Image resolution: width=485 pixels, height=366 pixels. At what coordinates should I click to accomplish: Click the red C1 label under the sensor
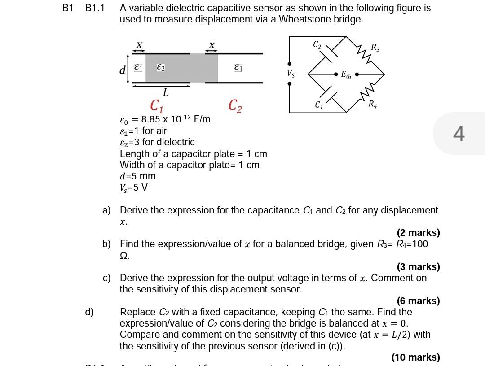pyautogui.click(x=156, y=106)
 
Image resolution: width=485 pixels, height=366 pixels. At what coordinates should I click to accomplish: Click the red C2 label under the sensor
pyautogui.click(x=235, y=106)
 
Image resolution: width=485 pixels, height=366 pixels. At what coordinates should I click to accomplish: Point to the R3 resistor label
pyautogui.click(x=375, y=47)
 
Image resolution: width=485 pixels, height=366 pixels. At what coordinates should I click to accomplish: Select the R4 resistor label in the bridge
pyautogui.click(x=373, y=105)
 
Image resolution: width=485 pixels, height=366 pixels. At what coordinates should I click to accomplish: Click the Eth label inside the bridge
pyautogui.click(x=346, y=75)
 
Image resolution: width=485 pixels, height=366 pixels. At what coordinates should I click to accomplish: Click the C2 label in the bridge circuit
pyautogui.click(x=317, y=44)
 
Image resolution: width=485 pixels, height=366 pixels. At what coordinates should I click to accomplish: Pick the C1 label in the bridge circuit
pyautogui.click(x=319, y=105)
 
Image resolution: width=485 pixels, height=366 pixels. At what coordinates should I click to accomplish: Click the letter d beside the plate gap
pyautogui.click(x=122, y=70)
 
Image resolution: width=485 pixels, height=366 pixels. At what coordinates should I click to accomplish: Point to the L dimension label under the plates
pyautogui.click(x=166, y=93)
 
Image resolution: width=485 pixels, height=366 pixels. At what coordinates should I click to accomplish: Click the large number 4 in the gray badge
pyautogui.click(x=459, y=133)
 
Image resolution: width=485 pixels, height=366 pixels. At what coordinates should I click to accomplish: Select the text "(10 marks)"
pyautogui.click(x=415, y=357)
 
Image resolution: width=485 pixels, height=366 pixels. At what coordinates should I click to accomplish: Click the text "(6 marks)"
pyautogui.click(x=418, y=301)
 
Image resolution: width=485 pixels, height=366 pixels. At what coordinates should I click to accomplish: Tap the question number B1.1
pyautogui.click(x=95, y=8)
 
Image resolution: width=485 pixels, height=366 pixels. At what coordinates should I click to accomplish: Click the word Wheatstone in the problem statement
pyautogui.click(x=305, y=19)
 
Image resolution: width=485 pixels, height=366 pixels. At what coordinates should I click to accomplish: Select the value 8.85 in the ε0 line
pyautogui.click(x=151, y=119)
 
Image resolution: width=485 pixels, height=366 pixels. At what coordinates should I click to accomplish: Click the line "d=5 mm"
pyautogui.click(x=138, y=176)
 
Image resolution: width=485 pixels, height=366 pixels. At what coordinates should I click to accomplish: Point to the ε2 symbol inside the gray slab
pyautogui.click(x=161, y=67)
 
